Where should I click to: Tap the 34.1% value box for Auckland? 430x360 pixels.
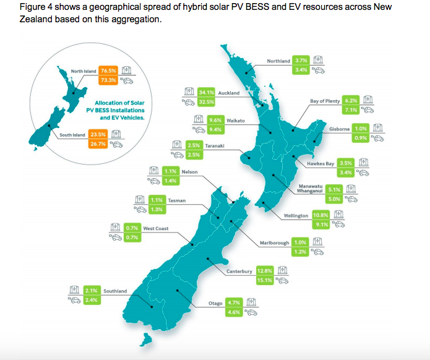pos(207,93)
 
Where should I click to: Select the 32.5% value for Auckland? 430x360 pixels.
pos(207,101)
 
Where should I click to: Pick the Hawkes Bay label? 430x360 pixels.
pos(322,164)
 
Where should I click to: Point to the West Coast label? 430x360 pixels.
pos(156,228)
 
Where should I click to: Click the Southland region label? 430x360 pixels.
pos(115,291)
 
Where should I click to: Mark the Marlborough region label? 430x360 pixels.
pos(274,243)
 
